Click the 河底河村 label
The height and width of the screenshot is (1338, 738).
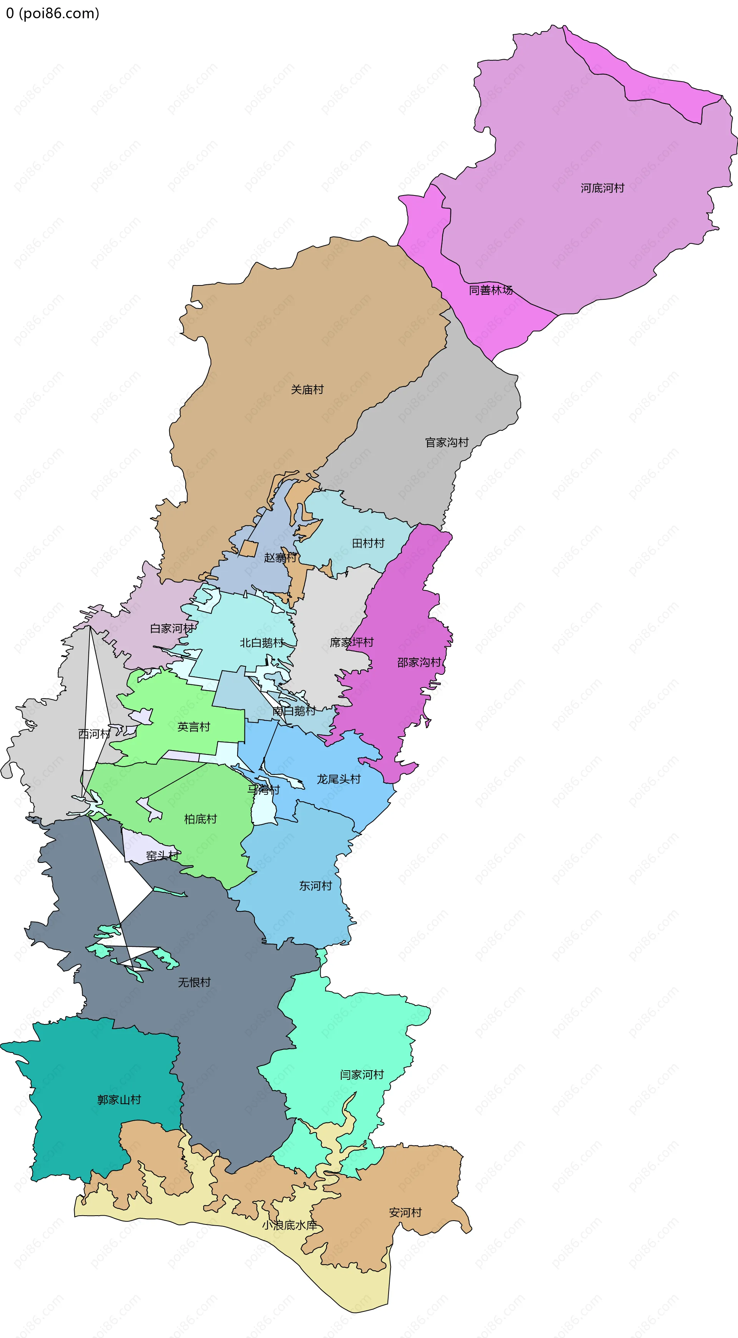click(x=602, y=188)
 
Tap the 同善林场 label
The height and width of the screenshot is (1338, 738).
click(x=490, y=290)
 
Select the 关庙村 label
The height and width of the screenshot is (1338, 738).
click(x=307, y=390)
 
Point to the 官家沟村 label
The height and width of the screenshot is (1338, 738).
click(x=447, y=442)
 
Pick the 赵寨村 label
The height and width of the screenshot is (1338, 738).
click(x=280, y=558)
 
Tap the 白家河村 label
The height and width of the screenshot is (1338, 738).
click(x=172, y=629)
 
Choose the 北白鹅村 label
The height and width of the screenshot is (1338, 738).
click(x=262, y=643)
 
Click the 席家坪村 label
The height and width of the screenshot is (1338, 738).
click(x=351, y=642)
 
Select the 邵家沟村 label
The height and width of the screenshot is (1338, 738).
click(x=419, y=662)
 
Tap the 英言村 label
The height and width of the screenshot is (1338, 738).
click(x=194, y=727)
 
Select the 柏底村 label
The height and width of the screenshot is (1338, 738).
click(x=200, y=819)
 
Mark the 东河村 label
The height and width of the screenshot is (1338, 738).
click(x=315, y=886)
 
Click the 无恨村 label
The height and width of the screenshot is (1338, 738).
click(x=194, y=982)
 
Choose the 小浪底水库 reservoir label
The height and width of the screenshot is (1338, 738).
click(x=289, y=1225)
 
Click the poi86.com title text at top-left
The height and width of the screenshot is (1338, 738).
click(x=52, y=13)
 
